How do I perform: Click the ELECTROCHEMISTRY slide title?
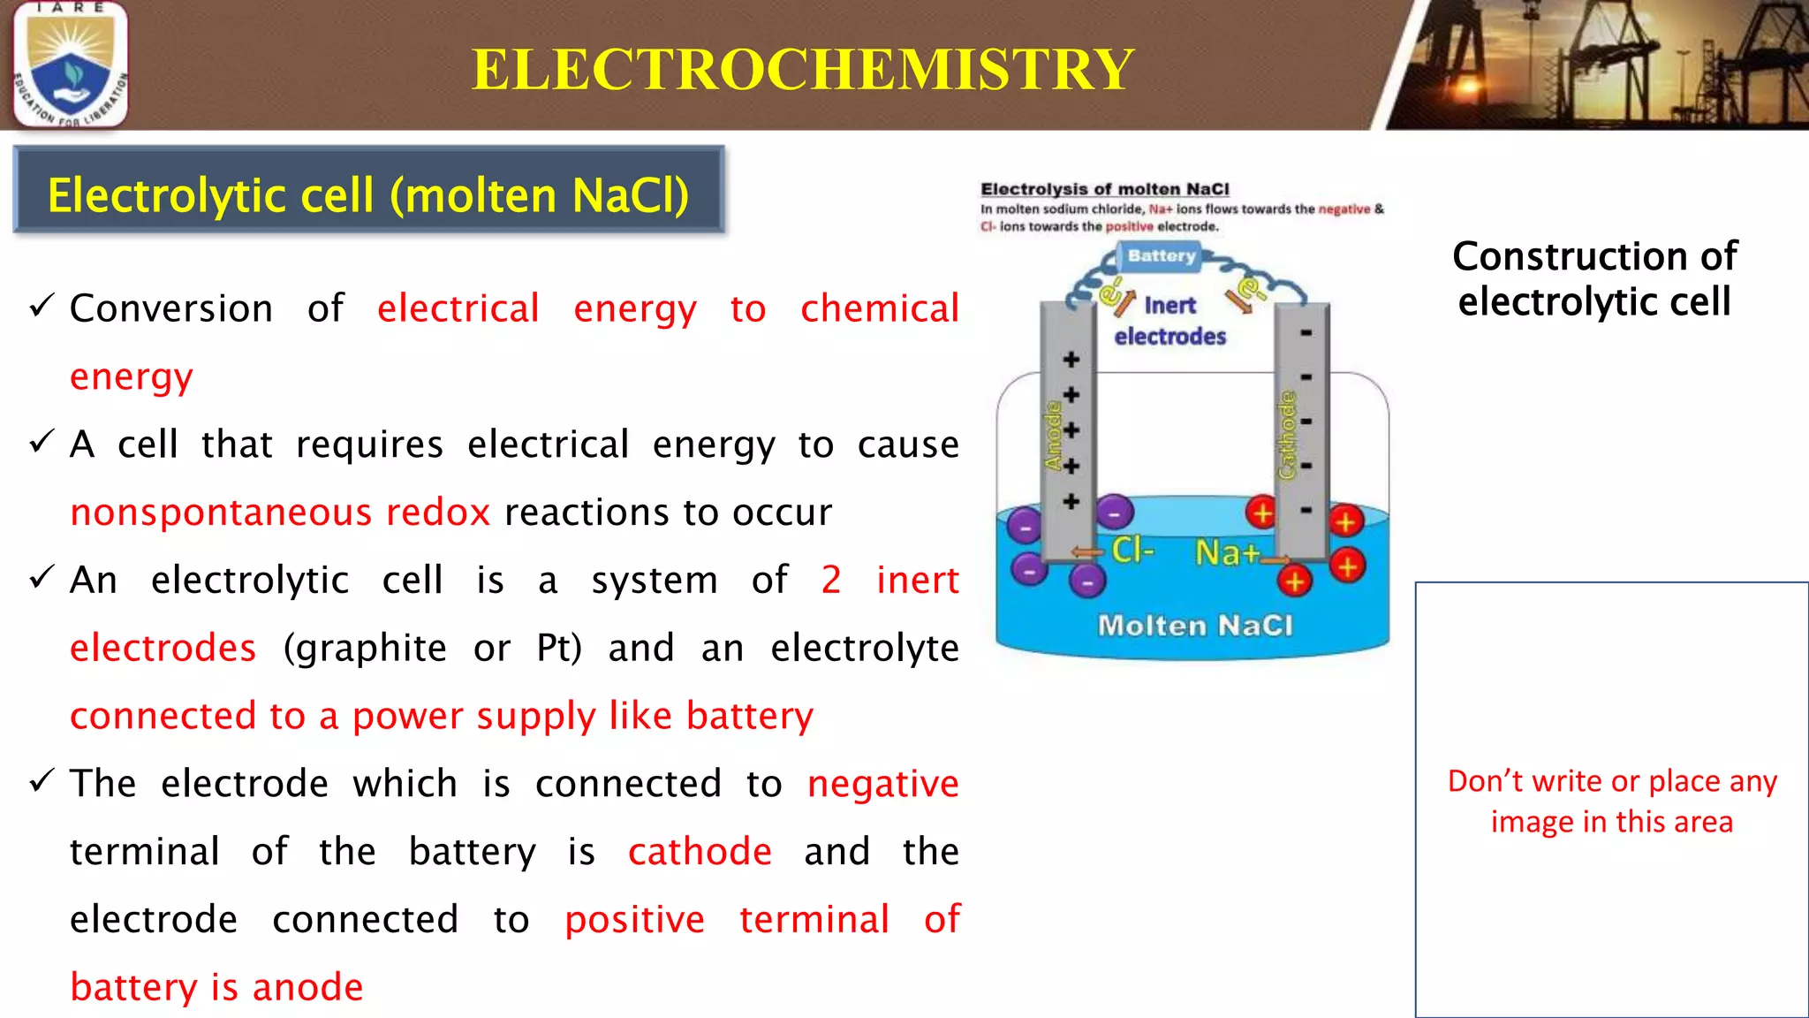click(x=802, y=69)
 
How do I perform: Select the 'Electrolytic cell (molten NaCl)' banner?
click(x=368, y=195)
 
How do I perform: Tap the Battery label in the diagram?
click(x=1161, y=256)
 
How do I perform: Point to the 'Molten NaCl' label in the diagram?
click(x=1195, y=626)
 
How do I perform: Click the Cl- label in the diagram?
click(x=1132, y=551)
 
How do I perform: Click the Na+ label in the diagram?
click(x=1227, y=553)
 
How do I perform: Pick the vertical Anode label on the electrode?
click(x=1052, y=436)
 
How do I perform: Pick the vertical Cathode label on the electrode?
click(x=1287, y=436)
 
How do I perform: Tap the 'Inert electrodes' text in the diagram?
click(x=1170, y=321)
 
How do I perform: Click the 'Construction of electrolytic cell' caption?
click(x=1594, y=278)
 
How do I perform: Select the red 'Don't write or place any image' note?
click(x=1612, y=801)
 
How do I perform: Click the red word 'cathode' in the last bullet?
click(x=700, y=852)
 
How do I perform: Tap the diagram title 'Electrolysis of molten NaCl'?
click(x=1104, y=189)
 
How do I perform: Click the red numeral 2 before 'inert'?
click(x=830, y=581)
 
